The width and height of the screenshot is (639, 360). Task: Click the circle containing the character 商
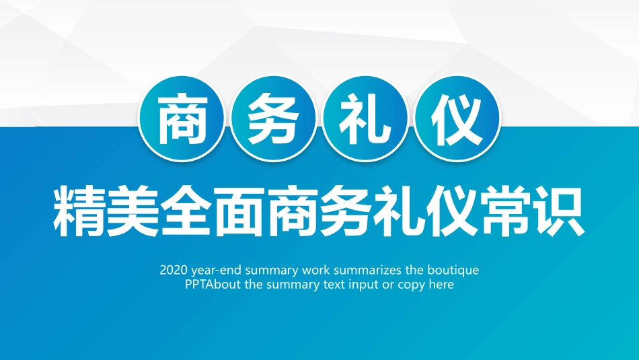coord(182,118)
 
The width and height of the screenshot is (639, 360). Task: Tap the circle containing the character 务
coord(273,118)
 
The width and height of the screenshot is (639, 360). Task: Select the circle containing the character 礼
coord(365,118)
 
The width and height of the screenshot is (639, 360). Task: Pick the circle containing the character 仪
coord(457,118)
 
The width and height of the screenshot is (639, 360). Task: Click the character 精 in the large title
coord(79,211)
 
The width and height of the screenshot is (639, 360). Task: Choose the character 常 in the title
coord(506,211)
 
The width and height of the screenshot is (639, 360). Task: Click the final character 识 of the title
coord(560,211)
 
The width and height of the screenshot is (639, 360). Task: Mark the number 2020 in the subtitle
coord(174,270)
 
